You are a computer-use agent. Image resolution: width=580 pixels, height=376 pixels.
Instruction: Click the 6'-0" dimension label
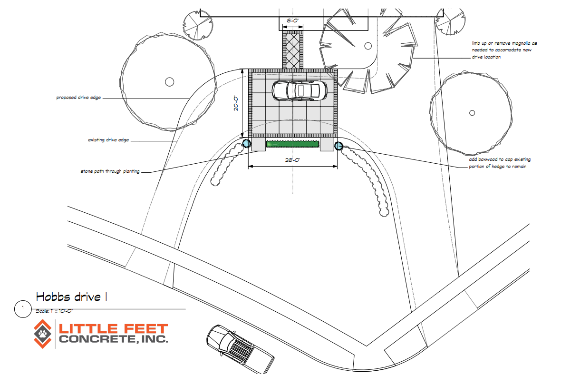(292, 20)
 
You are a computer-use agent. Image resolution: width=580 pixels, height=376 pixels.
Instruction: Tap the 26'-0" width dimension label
(292, 160)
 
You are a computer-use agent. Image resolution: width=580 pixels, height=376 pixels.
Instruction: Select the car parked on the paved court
(299, 90)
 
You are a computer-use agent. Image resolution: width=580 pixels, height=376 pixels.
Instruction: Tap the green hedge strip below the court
(292, 144)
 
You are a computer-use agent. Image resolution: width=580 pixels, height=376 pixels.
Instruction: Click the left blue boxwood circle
(246, 143)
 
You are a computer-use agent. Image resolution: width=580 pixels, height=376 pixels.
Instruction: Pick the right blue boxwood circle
(338, 146)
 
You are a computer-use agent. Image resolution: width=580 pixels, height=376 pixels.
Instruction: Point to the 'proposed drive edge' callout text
(78, 98)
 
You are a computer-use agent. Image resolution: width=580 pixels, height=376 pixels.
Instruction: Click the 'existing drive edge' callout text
(108, 140)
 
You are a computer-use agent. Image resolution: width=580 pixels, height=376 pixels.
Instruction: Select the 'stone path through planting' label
(110, 171)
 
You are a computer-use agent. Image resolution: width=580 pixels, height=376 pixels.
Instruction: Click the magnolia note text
(504, 50)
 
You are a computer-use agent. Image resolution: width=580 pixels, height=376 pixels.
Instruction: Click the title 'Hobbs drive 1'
(71, 297)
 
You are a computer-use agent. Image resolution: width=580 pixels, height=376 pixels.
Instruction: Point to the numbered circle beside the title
(22, 308)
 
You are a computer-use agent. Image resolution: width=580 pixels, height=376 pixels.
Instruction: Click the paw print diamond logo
(43, 333)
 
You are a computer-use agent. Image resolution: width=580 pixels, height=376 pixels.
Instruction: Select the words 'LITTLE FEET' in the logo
(113, 328)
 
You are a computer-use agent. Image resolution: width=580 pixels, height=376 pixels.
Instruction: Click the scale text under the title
(54, 311)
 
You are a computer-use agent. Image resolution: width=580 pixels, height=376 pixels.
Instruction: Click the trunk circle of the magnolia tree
(367, 46)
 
